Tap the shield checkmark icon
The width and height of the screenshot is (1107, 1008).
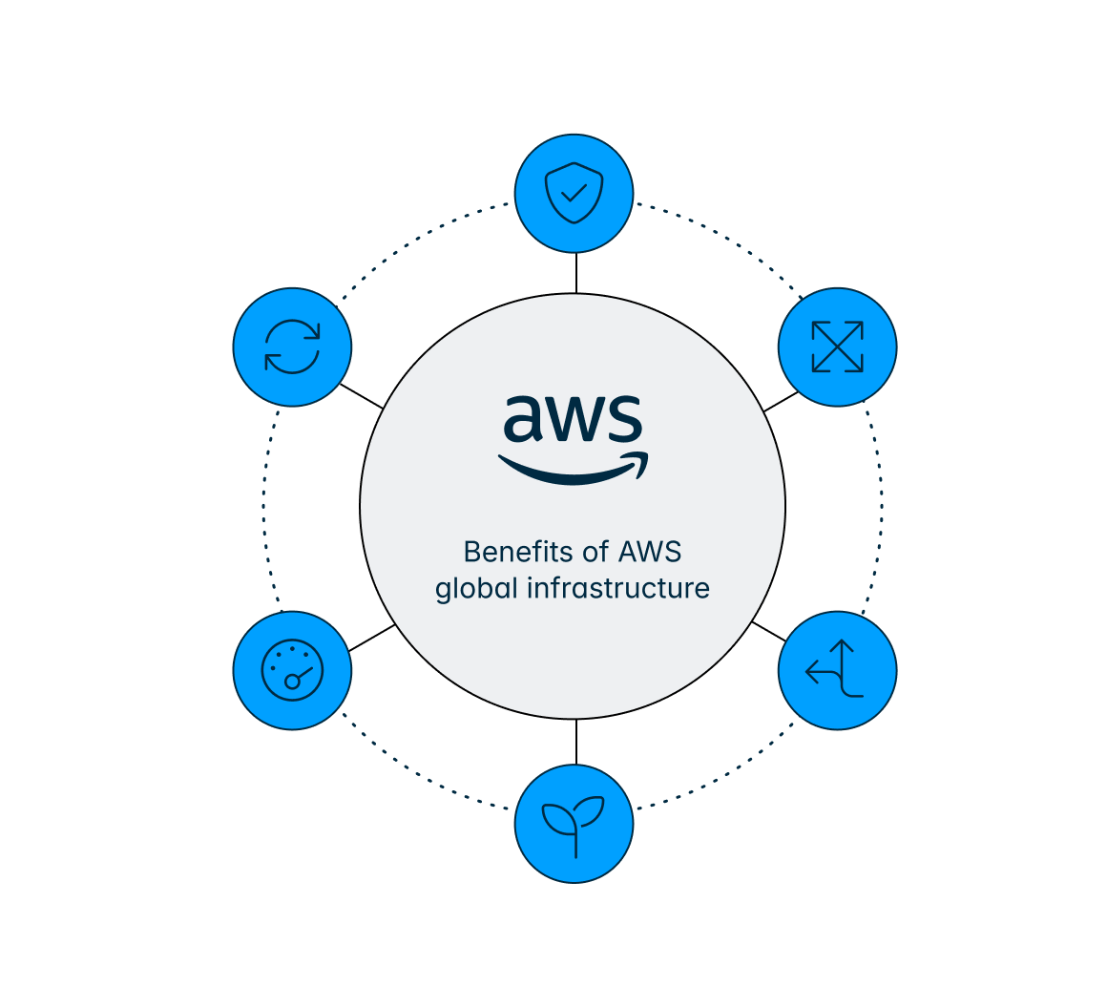[x=574, y=193]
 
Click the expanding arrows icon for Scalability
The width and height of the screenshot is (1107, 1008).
[x=837, y=346]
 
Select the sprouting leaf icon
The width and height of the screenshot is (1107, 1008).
[x=574, y=823]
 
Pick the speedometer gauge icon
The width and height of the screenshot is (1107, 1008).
[x=293, y=670]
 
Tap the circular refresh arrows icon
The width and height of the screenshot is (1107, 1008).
[x=293, y=346]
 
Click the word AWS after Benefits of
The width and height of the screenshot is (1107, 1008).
[x=650, y=552]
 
